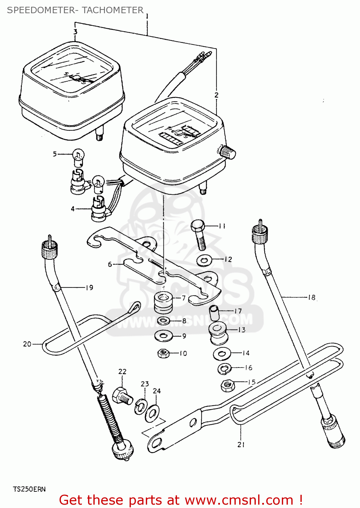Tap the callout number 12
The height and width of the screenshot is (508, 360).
coord(228,259)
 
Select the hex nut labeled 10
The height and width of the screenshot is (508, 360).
coord(163,354)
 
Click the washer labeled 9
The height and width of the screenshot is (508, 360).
coord(163,336)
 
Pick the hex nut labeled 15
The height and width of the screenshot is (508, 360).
coord(228,385)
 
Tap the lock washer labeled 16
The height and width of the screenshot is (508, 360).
coord(224,368)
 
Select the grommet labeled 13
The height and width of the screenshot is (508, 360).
coord(218,332)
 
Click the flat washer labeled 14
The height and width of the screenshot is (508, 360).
coord(222,354)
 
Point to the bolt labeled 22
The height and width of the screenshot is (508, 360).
coord(121,396)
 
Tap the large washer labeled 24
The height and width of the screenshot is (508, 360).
coord(153,413)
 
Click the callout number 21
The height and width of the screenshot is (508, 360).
coord(241,444)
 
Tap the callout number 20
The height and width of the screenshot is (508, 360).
coord(27,344)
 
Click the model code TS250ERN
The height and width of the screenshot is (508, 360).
coord(29,489)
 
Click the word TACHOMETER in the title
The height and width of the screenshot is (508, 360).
coord(113,10)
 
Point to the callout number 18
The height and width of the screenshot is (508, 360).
coord(312,297)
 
